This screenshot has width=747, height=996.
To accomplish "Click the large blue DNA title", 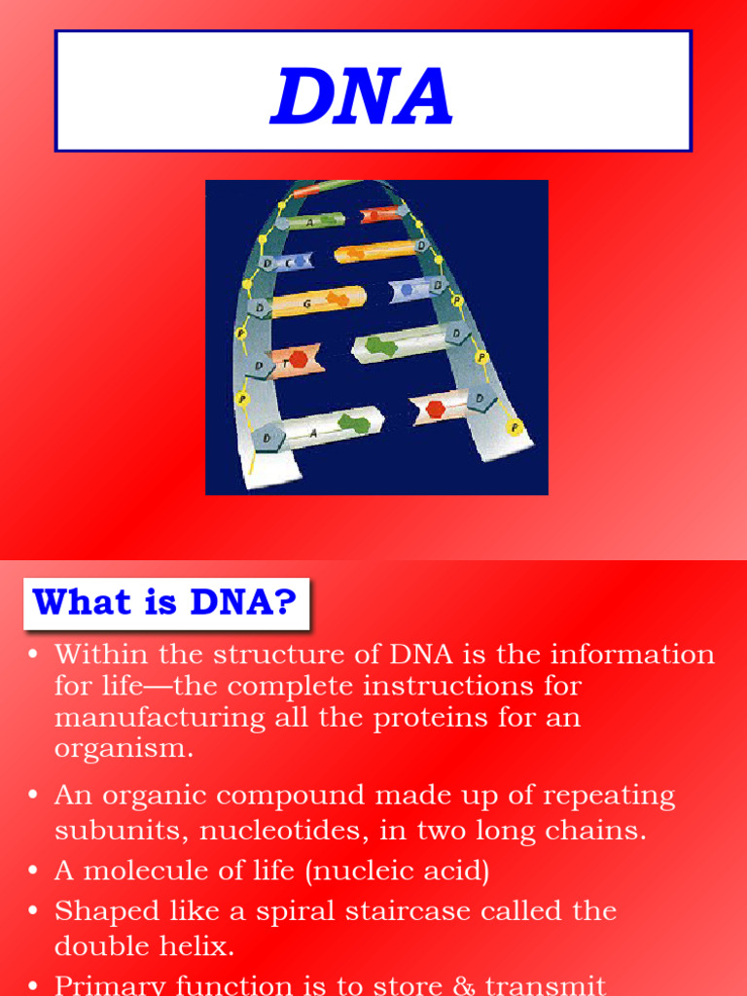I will click(362, 97).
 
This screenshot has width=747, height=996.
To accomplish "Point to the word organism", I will click(124, 750).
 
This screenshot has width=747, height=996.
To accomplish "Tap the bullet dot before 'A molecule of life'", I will click(34, 871).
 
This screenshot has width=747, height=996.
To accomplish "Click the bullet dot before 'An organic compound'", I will click(34, 796).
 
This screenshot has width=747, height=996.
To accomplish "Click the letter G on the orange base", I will click(307, 304).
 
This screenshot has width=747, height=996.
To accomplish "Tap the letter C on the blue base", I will click(289, 263).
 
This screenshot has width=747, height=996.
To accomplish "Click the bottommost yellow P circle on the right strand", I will click(515, 427).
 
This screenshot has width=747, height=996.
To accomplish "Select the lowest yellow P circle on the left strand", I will click(242, 399).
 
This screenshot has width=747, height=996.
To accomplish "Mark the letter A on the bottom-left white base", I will click(313, 434).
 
